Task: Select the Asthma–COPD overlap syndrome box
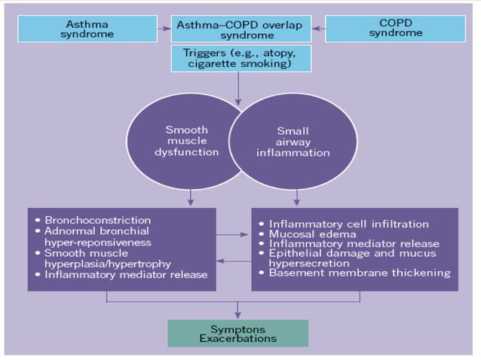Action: (x=240, y=29)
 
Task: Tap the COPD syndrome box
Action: (x=390, y=29)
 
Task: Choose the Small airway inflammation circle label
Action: (x=293, y=142)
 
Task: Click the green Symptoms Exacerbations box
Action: (x=237, y=333)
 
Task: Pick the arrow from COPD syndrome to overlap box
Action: (x=318, y=29)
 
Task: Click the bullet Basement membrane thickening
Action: (x=360, y=273)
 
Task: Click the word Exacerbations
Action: (x=237, y=338)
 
